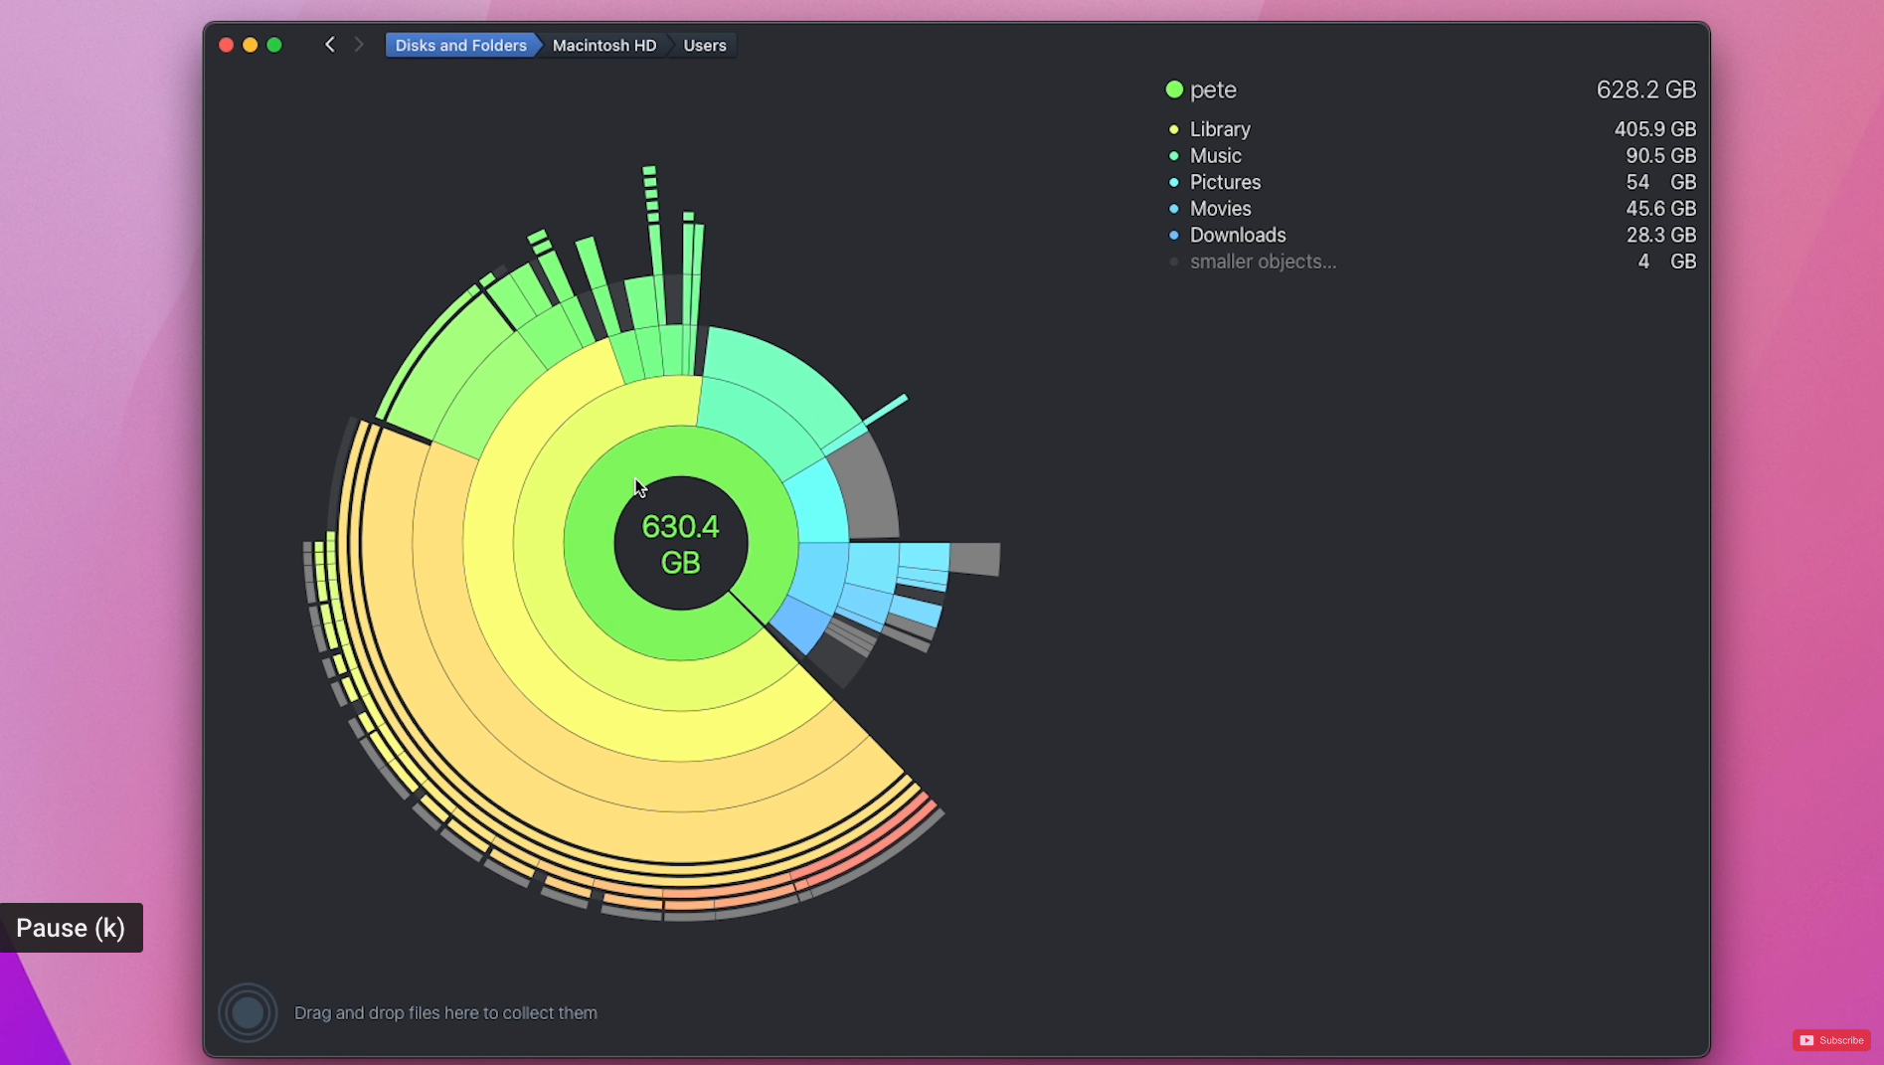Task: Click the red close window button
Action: (x=226, y=45)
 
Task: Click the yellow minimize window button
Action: (x=251, y=45)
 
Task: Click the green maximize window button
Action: (x=274, y=45)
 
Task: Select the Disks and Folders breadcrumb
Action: (x=460, y=45)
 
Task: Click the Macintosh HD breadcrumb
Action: (x=604, y=45)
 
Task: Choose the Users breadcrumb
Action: (x=704, y=45)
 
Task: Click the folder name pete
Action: (x=1213, y=89)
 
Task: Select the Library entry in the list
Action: (x=1220, y=129)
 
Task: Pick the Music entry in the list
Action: (x=1215, y=156)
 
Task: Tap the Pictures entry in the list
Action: (x=1225, y=182)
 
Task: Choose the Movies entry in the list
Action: (x=1220, y=209)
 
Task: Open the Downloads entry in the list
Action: (x=1238, y=236)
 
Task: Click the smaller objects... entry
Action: (x=1263, y=262)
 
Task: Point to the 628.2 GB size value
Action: (x=1645, y=89)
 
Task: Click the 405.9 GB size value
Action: (x=1654, y=129)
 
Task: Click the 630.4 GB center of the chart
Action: (x=680, y=544)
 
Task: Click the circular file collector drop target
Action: (x=248, y=1012)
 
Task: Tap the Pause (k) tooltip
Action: (x=71, y=928)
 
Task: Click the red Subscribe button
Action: (x=1831, y=1040)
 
